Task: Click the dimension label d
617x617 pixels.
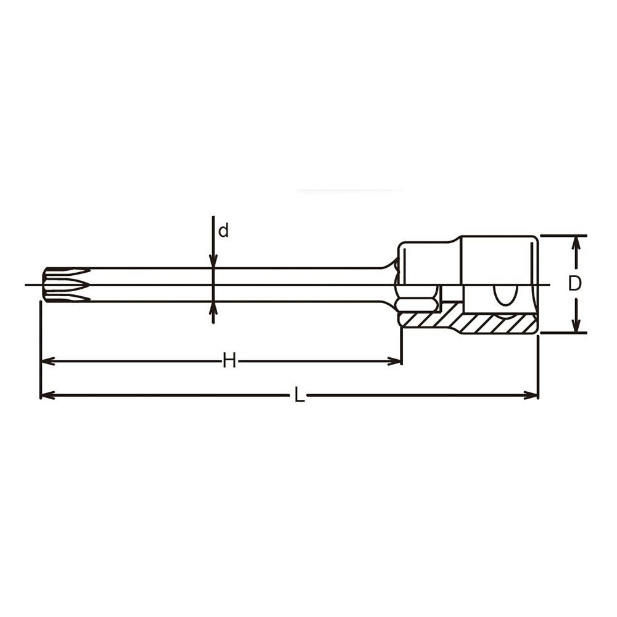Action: tap(223, 231)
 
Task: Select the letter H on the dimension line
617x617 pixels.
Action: tap(229, 360)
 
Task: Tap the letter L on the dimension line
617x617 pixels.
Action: tap(299, 395)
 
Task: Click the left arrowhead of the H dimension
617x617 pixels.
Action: tap(48, 361)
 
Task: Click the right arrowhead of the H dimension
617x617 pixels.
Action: tap(395, 361)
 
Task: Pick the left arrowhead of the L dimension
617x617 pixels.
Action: tap(48, 395)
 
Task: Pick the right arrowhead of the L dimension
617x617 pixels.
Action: tap(531, 395)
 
